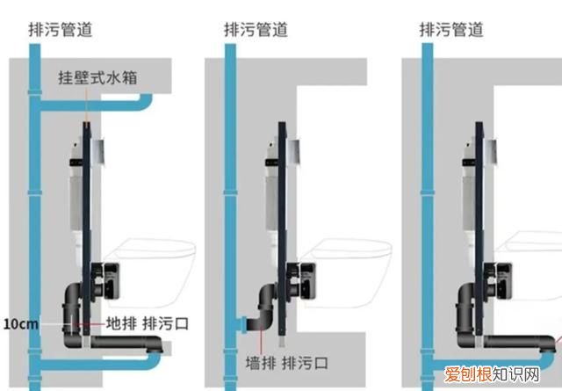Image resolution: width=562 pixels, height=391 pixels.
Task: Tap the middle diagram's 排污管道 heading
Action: pos(256,30)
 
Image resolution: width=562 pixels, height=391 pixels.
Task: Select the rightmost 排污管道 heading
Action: pos(451,30)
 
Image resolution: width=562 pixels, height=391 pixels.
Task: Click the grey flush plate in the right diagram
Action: pos(492,150)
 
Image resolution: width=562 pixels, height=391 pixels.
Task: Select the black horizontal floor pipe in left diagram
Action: pos(114,344)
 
